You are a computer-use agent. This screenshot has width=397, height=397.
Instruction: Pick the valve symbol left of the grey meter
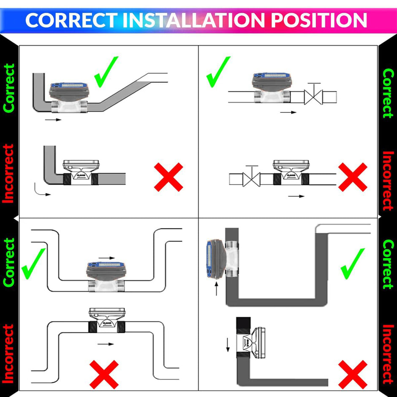click(252, 178)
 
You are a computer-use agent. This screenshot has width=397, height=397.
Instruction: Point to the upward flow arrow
click(217, 288)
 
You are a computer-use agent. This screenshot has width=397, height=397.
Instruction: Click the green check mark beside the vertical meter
click(352, 264)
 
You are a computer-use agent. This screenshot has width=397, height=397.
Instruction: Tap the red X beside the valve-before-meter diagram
click(353, 177)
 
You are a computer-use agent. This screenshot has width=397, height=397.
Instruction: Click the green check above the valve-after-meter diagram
click(218, 71)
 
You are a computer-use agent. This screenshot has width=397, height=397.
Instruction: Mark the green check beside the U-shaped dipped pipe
click(34, 262)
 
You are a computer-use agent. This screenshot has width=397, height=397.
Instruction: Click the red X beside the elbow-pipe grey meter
click(169, 177)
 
